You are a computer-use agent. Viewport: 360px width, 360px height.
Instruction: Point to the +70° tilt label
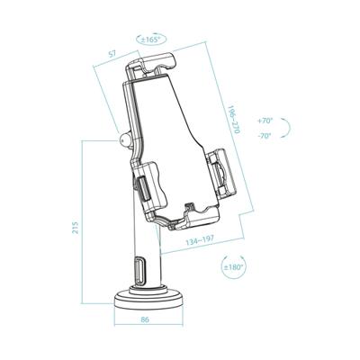pyautogui.click(x=264, y=120)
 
